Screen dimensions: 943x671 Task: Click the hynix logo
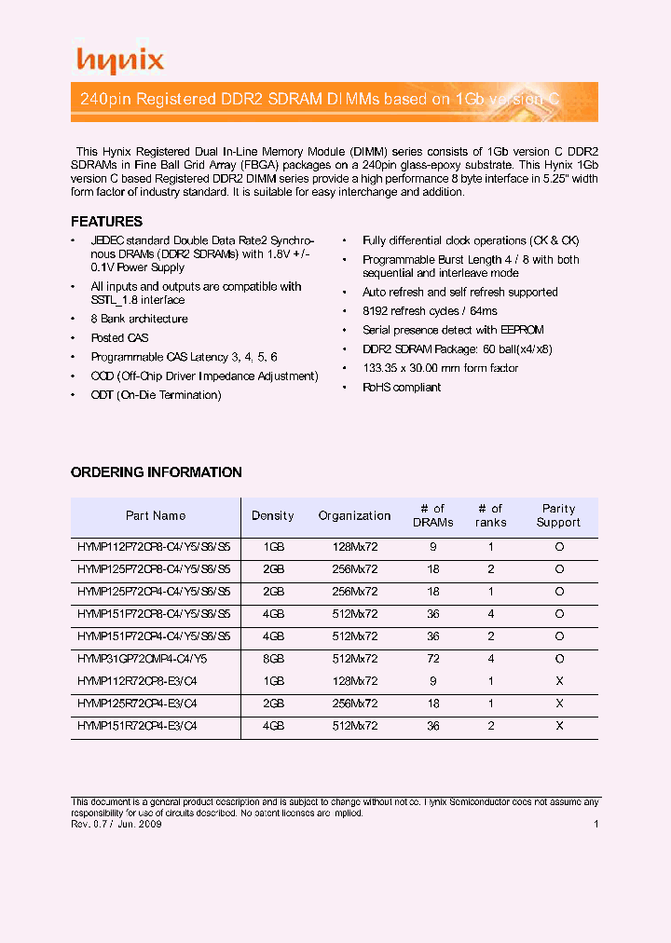(x=119, y=61)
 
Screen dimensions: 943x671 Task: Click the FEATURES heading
(x=107, y=222)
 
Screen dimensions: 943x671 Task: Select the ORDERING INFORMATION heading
(x=157, y=472)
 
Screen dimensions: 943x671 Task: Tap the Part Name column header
(x=156, y=516)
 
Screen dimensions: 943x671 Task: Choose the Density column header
(x=273, y=516)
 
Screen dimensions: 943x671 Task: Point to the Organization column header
(x=354, y=516)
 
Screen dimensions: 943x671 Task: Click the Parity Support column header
(x=558, y=516)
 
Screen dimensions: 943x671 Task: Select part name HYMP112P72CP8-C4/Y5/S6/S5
(x=154, y=546)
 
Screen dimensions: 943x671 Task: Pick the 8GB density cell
(x=273, y=659)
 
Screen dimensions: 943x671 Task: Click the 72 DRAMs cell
(x=433, y=659)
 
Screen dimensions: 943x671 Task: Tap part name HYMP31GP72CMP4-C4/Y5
(x=142, y=659)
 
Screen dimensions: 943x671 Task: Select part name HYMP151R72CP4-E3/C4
(x=137, y=727)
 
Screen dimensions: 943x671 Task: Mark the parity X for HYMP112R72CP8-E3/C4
(x=559, y=681)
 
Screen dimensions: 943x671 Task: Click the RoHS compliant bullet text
(x=402, y=388)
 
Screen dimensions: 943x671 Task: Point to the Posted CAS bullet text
(x=119, y=338)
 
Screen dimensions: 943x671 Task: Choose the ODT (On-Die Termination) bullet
(x=156, y=395)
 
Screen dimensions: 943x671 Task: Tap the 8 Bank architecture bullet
(x=139, y=319)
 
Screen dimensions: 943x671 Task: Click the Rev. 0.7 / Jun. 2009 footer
(x=117, y=825)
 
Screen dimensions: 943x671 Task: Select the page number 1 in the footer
(x=596, y=825)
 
